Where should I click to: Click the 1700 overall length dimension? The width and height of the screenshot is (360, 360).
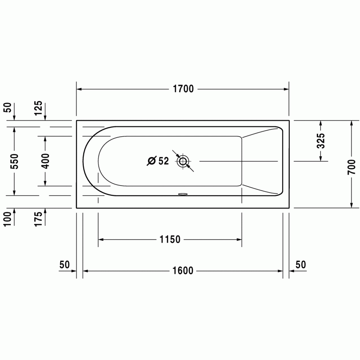[x=183, y=89]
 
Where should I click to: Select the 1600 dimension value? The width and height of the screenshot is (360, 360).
[x=183, y=271]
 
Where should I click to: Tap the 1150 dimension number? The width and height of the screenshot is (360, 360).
[x=170, y=239]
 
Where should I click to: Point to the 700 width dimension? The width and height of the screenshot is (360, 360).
[x=351, y=167]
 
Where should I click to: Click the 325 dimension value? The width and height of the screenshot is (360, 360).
[x=321, y=141]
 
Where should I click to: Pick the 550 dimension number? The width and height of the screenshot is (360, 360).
[x=14, y=161]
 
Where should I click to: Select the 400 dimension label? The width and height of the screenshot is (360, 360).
[x=45, y=161]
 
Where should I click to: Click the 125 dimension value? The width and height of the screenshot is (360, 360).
[x=38, y=108]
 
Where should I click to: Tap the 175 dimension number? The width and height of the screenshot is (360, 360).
[x=38, y=219]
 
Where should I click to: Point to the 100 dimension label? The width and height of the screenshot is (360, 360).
[x=7, y=219]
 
